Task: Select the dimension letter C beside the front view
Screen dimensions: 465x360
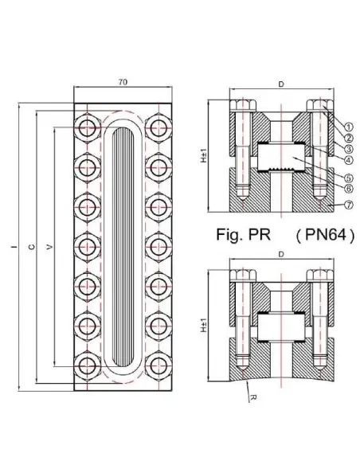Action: point(31,248)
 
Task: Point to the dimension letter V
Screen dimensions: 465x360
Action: point(49,248)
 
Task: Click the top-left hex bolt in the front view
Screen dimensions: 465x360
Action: point(85,127)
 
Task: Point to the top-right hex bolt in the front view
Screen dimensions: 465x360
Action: point(158,127)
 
